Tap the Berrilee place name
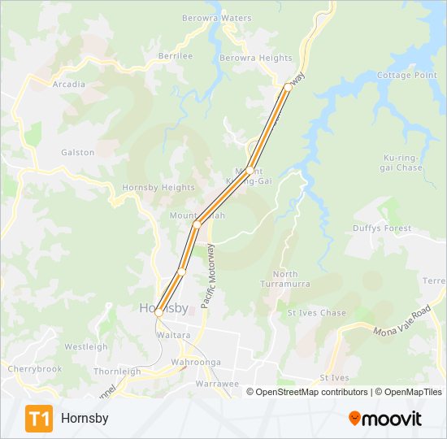click(x=176, y=56)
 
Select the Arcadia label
click(x=68, y=84)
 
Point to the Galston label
click(x=77, y=152)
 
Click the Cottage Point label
click(x=407, y=75)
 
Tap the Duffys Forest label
click(x=382, y=228)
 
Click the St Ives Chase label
click(x=316, y=313)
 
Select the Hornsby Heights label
click(x=158, y=188)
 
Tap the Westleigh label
click(x=85, y=346)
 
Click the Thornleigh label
click(x=117, y=371)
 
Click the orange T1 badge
click(x=39, y=418)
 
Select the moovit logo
click(x=385, y=419)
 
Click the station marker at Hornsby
click(x=158, y=311)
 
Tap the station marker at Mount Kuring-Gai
click(x=250, y=170)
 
